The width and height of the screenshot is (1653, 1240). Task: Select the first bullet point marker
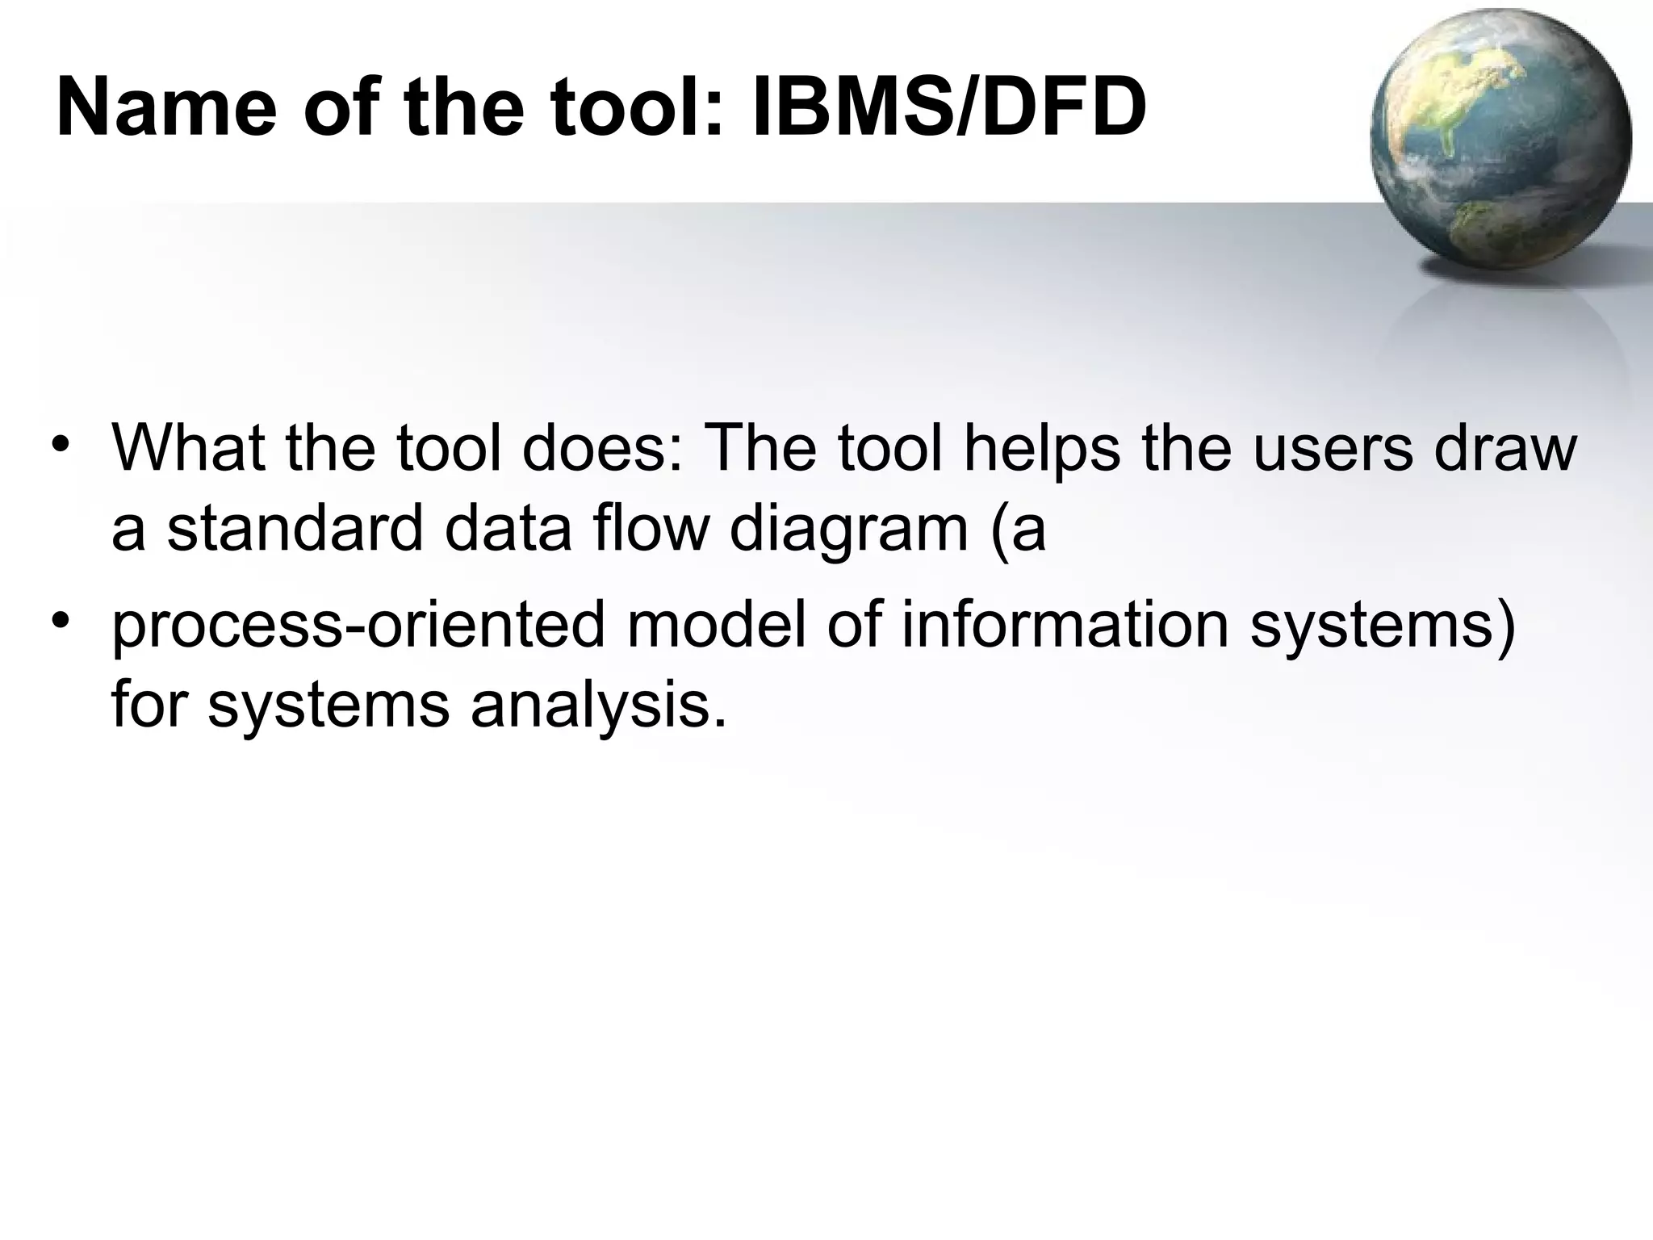click(x=59, y=446)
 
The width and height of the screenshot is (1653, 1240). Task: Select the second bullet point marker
click(x=59, y=622)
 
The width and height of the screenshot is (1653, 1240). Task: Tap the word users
click(x=1333, y=449)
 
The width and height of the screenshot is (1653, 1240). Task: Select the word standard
click(x=295, y=530)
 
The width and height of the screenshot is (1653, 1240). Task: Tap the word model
click(x=716, y=626)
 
